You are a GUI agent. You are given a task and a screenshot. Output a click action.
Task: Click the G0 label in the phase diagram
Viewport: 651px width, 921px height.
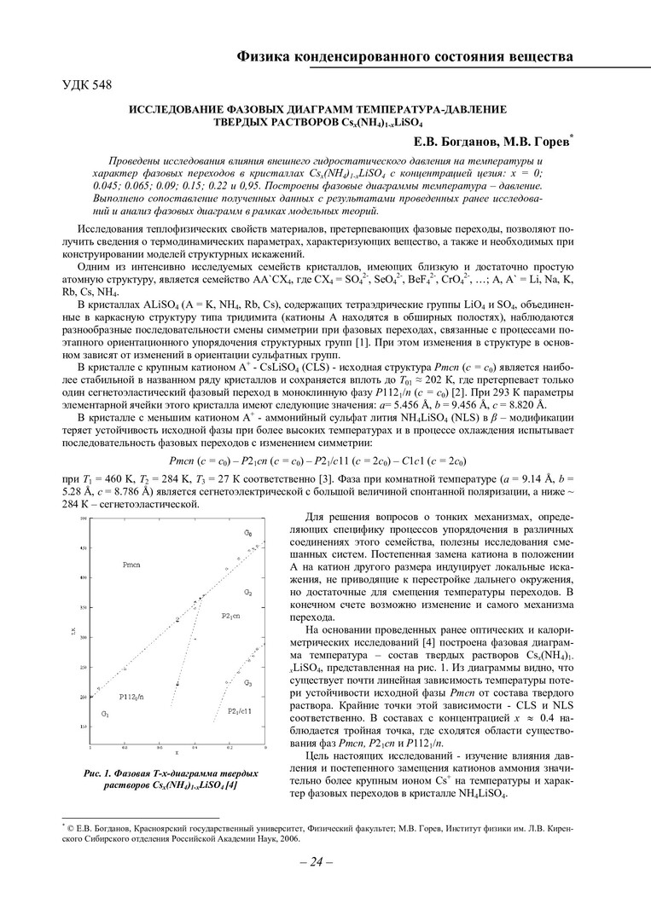[x=248, y=533]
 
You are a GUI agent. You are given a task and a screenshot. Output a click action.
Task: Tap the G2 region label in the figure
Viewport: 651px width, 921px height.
[x=247, y=591]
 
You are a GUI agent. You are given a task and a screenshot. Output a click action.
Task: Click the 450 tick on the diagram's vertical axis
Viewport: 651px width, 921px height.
[x=84, y=547]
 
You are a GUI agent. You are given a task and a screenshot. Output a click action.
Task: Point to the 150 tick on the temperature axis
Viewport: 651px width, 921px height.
[x=84, y=727]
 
